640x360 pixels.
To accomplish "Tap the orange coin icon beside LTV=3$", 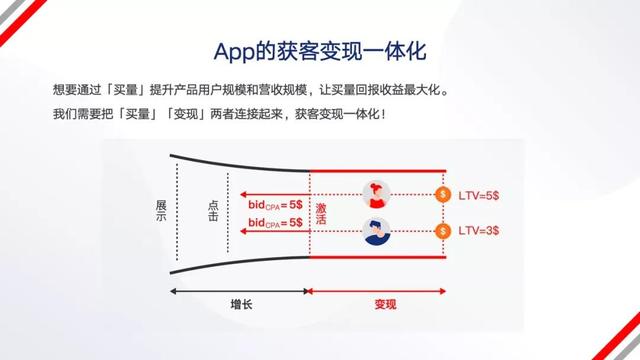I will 444,230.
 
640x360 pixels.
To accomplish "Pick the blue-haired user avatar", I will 376,230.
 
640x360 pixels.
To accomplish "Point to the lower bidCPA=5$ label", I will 276,222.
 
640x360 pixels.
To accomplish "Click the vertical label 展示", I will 160,211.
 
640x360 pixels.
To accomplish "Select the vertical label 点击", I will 213,211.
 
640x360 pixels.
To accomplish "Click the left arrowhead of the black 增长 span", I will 174,291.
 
